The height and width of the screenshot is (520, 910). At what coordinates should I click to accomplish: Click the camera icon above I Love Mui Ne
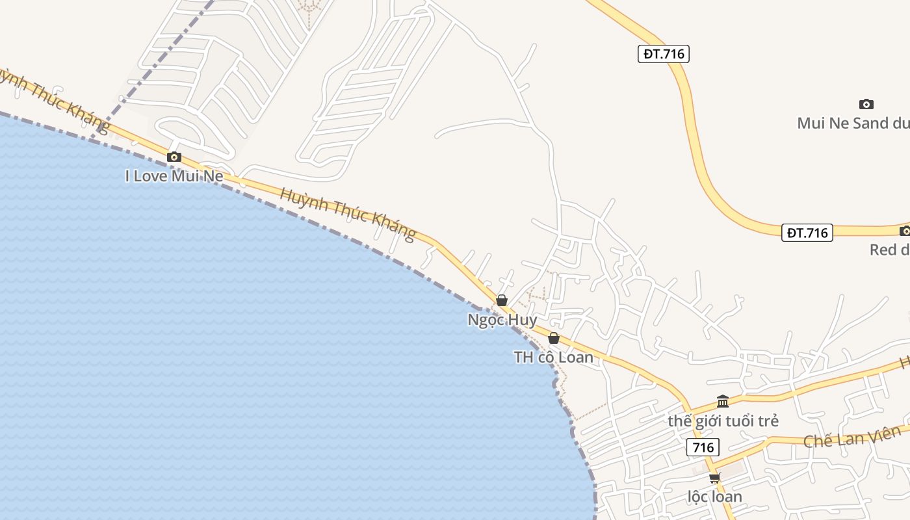pos(174,157)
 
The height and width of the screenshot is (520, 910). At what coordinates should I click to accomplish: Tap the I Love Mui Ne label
pos(174,176)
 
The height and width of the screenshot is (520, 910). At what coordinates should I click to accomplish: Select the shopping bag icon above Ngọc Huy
pos(502,300)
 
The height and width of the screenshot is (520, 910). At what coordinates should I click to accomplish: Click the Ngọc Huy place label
pos(502,320)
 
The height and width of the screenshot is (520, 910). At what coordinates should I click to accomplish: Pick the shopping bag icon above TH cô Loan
pos(554,338)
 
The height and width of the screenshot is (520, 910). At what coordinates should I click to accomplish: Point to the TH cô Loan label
pos(554,357)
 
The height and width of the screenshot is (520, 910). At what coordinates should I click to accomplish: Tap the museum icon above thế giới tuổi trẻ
pos(723,401)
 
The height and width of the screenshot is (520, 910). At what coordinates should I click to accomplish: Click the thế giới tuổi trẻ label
pos(723,421)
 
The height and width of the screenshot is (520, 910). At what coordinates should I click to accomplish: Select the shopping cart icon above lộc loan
pos(715,478)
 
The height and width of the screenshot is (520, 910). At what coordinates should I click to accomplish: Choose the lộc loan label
pos(715,497)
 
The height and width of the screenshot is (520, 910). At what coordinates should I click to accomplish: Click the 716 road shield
pos(703,447)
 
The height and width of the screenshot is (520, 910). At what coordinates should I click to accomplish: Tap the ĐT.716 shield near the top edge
pos(663,54)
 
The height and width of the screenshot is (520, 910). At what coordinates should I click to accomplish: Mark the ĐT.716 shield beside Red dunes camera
pos(807,233)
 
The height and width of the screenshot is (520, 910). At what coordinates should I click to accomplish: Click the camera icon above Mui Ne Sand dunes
pos(866,104)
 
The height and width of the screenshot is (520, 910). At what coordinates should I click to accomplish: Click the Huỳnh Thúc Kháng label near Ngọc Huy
pos(348,213)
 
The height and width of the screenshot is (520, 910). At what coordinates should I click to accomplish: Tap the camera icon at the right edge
pos(905,231)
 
